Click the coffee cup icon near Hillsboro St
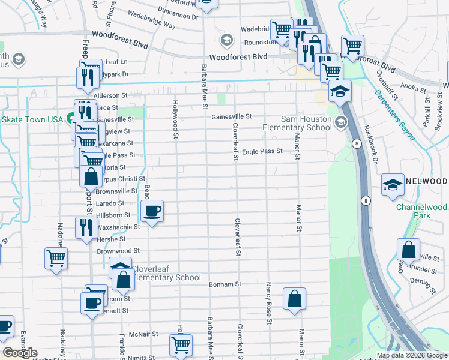pos(152,211)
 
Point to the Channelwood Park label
pos(421,211)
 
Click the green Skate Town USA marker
pos(71,119)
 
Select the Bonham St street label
pos(224,284)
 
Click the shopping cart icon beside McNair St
pos(180,345)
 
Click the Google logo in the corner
pos(20,353)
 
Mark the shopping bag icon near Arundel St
pos(408,249)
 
